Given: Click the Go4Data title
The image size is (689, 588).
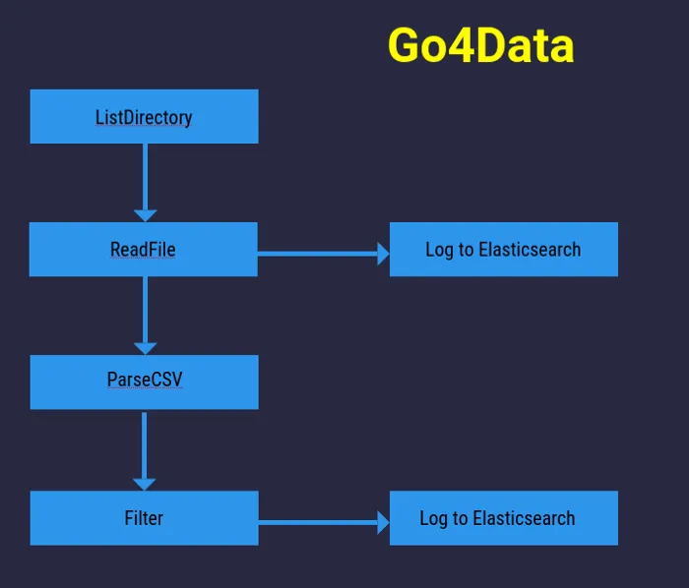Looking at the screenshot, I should coord(480,45).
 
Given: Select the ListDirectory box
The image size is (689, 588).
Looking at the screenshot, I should coord(144,117).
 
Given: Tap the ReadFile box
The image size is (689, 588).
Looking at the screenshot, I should coord(143,249).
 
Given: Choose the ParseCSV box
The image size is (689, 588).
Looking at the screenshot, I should coord(144,382).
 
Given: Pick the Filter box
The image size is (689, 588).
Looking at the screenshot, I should coord(144,517).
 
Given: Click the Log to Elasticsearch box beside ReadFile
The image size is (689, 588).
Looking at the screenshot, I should coord(503,249).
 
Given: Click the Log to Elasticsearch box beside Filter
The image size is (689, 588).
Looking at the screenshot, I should coord(503,517).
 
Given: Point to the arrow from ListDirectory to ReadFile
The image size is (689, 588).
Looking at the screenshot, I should coord(145,177).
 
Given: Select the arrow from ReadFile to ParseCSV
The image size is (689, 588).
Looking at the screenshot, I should coord(145,310).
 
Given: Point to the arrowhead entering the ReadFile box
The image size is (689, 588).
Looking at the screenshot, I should coord(145,214).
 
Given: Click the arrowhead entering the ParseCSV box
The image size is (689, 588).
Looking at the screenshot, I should coord(145,347).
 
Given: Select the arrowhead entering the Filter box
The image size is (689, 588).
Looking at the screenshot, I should coord(144,483).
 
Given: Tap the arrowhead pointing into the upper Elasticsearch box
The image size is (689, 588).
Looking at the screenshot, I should coord(384,254).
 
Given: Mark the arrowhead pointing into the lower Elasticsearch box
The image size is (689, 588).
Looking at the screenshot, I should coord(384,522).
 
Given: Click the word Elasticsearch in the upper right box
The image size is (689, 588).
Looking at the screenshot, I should coord(530,249).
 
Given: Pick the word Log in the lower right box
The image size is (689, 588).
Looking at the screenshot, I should coord(434,518).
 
